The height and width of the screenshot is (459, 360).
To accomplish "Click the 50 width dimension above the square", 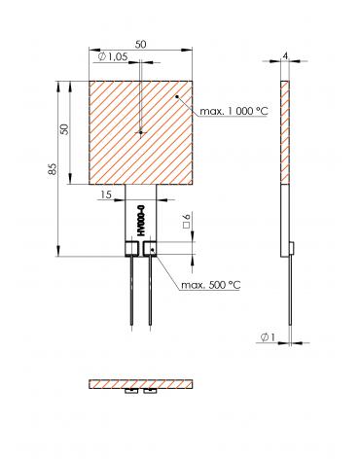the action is (x=140, y=45).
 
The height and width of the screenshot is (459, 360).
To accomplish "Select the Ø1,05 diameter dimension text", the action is (x=113, y=57).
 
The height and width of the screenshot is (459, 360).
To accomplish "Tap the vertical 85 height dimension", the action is (x=53, y=169).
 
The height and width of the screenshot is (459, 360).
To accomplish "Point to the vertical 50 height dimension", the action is (x=65, y=129).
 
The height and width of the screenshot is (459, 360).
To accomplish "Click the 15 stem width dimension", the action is (x=106, y=194).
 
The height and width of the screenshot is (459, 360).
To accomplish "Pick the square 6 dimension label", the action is (x=188, y=222).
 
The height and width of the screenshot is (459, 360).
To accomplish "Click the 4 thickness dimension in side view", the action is (x=285, y=56).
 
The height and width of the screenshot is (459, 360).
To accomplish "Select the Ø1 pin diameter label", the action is (x=268, y=337).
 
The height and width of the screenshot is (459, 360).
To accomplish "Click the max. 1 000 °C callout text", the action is (x=234, y=111).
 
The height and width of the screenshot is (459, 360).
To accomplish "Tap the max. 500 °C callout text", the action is (x=211, y=285).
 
